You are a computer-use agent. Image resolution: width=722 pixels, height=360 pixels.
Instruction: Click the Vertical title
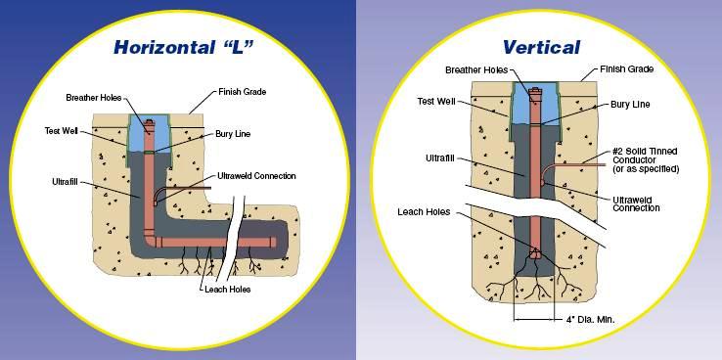pos(541,47)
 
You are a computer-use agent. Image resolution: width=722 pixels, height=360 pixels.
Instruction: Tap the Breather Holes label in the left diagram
pos(95,98)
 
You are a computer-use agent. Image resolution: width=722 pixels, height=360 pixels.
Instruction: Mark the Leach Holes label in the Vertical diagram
pos(425,211)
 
